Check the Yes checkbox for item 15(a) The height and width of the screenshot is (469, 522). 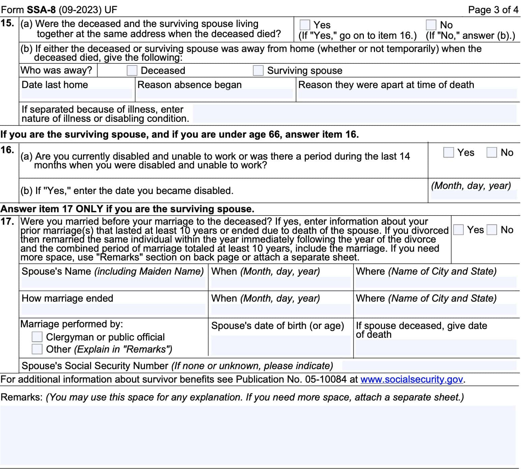304,25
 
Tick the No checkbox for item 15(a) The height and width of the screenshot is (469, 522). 431,25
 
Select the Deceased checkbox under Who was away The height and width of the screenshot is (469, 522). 132,71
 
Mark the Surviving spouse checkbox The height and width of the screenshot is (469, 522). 258,71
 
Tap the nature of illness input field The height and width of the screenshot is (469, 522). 354,114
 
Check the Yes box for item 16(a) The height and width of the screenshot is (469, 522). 448,153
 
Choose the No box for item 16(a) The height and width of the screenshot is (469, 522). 492,153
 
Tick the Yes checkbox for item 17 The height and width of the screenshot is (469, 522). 458,230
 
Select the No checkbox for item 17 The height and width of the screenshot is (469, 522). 492,230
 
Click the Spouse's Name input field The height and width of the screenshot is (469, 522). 113,282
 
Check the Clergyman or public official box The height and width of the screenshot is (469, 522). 37,337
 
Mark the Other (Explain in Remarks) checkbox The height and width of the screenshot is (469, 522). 37,349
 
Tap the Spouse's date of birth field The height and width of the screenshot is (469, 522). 281,345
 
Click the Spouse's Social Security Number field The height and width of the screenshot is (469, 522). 429,366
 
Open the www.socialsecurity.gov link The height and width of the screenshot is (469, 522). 411,379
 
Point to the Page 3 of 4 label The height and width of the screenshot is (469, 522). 493,10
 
